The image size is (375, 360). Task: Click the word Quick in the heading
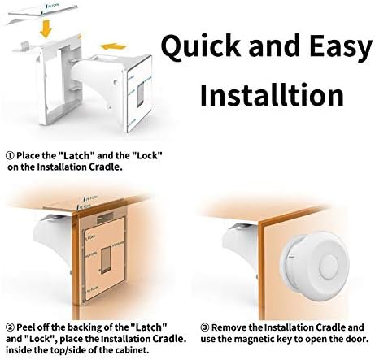(x=201, y=46)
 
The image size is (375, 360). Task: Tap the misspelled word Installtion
(x=273, y=94)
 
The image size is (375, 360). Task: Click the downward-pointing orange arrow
(x=46, y=28)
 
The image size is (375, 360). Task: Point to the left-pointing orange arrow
(x=114, y=46)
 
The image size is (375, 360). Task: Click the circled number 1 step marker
(x=10, y=156)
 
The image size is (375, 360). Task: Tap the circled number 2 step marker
(x=10, y=327)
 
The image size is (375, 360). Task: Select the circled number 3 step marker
(x=205, y=327)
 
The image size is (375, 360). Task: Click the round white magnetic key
(x=315, y=266)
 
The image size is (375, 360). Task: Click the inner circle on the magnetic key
(x=329, y=264)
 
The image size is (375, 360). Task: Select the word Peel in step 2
(x=26, y=327)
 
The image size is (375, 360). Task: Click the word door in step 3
(x=358, y=339)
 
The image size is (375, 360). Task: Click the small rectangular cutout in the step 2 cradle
(x=106, y=260)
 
